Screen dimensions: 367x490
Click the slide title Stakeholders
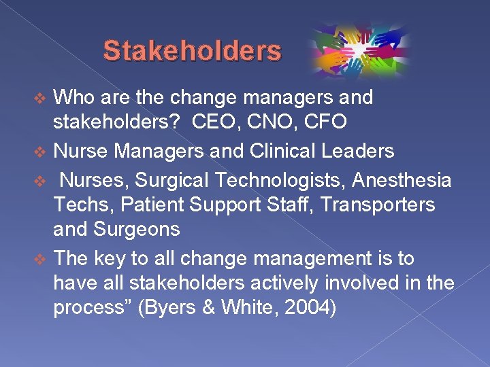pyautogui.click(x=192, y=51)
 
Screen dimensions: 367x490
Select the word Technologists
pyautogui.click(x=276, y=180)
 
